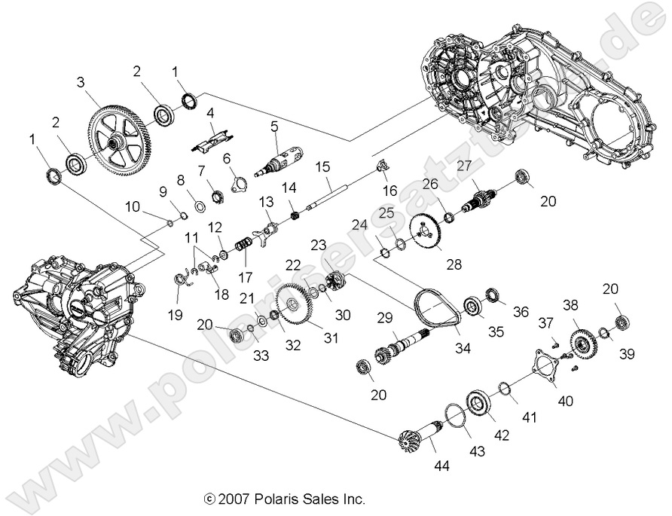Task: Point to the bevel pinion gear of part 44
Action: (411, 439)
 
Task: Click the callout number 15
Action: (322, 166)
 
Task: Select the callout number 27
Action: (464, 166)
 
